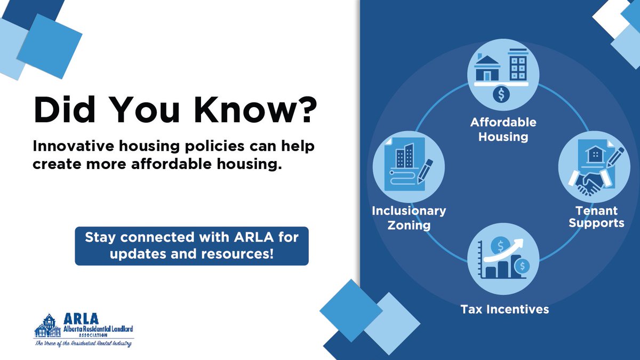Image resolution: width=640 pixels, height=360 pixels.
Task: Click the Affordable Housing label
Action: point(503,129)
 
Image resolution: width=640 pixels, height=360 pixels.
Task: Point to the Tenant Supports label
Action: point(596,217)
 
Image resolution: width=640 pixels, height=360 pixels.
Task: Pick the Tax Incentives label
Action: point(505,309)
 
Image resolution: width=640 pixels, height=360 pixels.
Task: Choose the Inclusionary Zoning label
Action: point(409,218)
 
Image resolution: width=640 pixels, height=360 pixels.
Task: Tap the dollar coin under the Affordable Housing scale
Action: point(501,95)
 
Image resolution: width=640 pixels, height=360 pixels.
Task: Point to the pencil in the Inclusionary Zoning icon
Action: point(425,170)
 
